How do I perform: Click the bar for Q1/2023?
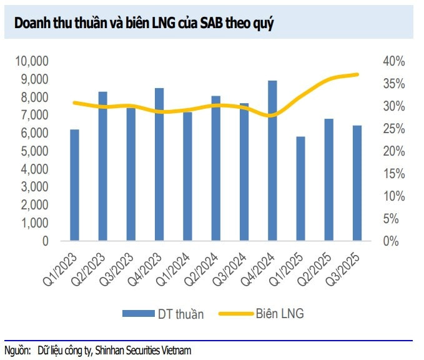[75, 185]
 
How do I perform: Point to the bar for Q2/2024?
[216, 168]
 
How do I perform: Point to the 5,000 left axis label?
[35, 151]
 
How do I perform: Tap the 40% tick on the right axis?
[395, 61]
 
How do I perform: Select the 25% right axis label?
[395, 129]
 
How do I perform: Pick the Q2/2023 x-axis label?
[94, 265]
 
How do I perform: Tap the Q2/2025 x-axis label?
[320, 265]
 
